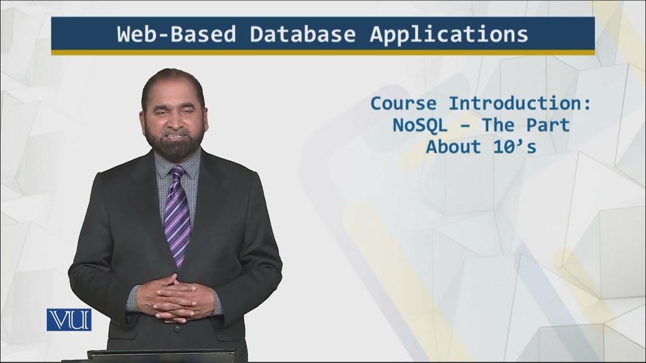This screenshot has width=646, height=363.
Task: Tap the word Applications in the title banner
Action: pos(449,34)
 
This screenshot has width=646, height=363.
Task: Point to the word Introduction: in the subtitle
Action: pos(520,104)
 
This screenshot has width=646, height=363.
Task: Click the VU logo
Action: pos(69,320)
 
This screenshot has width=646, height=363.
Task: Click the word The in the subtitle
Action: pos(500,125)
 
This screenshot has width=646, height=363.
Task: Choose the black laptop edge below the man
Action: pos(161,353)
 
